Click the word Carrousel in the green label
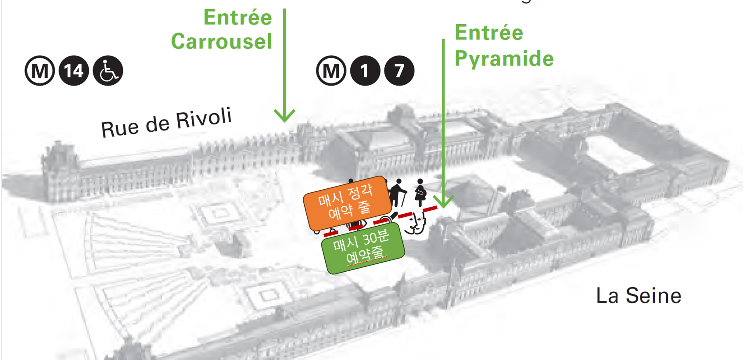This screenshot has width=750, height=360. [222, 42]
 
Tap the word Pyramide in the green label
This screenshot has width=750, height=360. [504, 59]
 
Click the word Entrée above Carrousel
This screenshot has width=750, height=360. [237, 18]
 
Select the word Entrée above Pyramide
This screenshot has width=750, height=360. [489, 33]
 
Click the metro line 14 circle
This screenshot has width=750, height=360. [74, 71]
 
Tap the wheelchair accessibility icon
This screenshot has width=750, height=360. [108, 71]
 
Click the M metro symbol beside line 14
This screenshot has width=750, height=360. [40, 71]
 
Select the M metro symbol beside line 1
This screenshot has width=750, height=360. [331, 71]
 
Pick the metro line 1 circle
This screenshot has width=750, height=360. [365, 71]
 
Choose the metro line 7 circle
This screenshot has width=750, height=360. [399, 71]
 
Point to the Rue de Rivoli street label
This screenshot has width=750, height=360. [166, 122]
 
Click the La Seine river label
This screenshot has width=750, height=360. [639, 295]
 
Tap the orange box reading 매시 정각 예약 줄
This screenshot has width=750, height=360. [347, 203]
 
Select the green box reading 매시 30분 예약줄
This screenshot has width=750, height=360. [362, 248]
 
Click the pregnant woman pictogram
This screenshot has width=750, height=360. [420, 192]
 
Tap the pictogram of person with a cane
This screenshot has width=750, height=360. [398, 193]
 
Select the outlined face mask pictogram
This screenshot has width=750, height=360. [415, 223]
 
